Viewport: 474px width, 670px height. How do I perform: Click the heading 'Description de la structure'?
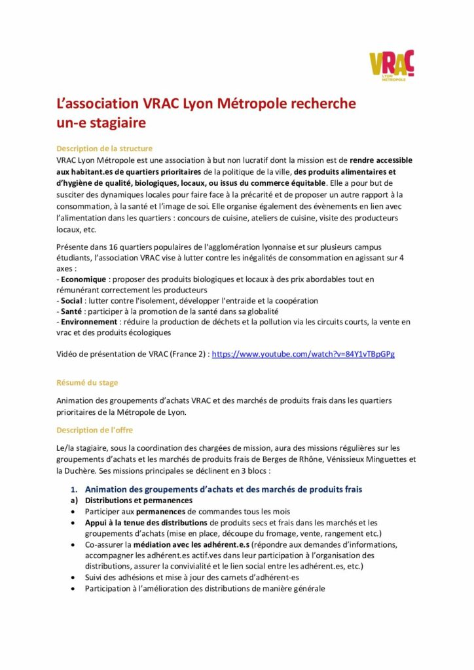104,149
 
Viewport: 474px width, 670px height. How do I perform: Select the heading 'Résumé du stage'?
87,382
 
